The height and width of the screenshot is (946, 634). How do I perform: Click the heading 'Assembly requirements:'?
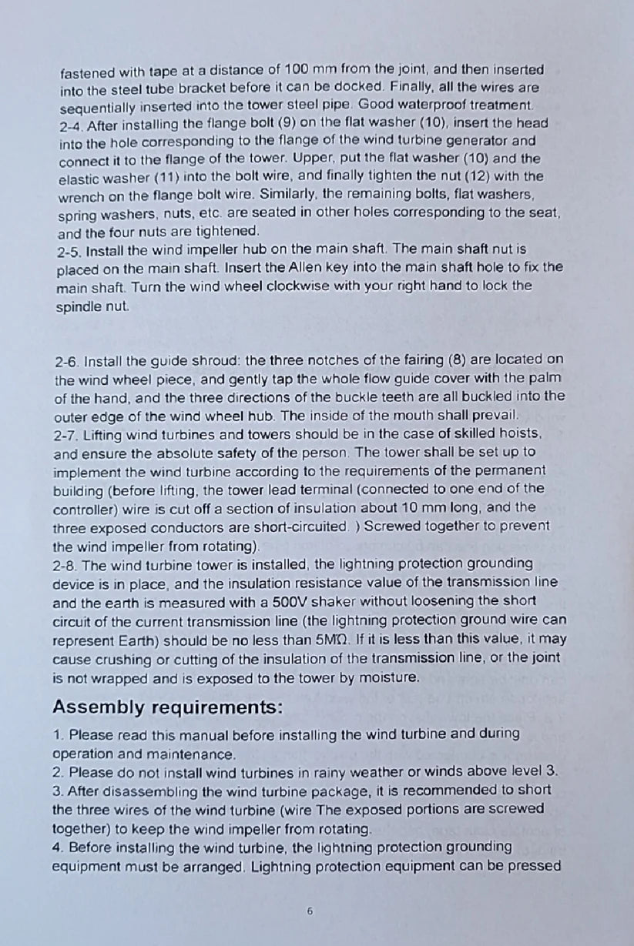tap(167, 706)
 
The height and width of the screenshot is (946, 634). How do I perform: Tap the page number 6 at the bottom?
tap(310, 911)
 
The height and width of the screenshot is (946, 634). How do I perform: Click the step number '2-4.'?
tap(73, 123)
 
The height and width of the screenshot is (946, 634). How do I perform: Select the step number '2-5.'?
tap(70, 251)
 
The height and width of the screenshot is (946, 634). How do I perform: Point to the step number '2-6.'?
tap(68, 361)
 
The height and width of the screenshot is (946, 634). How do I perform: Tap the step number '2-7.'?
tap(67, 435)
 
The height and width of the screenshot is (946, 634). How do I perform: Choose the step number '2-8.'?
tap(66, 564)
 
